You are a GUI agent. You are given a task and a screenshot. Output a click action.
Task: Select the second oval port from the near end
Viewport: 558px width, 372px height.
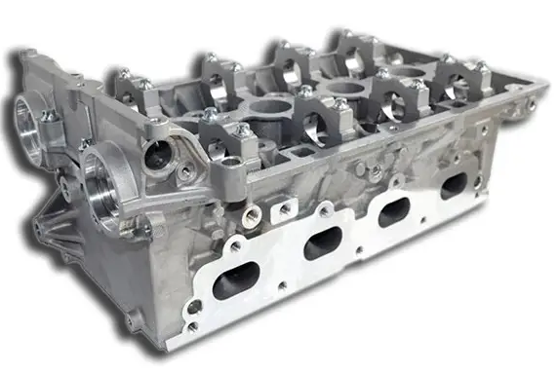(323, 243)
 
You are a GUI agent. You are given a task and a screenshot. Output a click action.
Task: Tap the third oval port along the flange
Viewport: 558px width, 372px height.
(393, 211)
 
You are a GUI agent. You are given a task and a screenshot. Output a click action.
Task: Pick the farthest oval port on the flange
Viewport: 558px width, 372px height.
(453, 185)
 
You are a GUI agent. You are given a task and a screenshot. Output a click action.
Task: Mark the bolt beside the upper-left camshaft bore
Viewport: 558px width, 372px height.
(47, 116)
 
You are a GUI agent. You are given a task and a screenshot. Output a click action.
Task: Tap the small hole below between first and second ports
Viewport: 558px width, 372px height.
(282, 285)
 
